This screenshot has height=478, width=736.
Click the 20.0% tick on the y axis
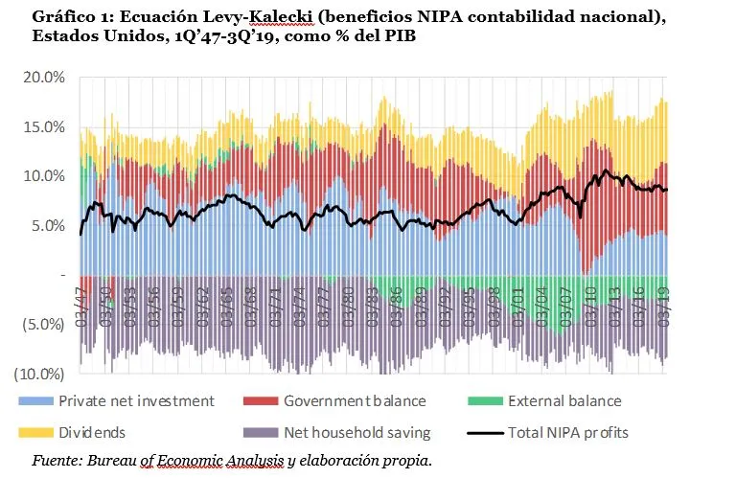coord(44,78)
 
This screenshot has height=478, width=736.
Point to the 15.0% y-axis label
coord(44,127)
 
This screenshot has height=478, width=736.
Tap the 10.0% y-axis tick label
coord(44,176)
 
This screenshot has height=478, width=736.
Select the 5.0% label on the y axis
coord(48,226)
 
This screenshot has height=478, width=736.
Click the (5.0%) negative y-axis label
coord(44,325)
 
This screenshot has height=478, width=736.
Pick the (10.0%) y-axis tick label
coord(42,374)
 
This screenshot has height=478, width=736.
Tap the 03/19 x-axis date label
coord(663,301)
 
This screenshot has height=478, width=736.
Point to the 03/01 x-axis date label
coord(518,301)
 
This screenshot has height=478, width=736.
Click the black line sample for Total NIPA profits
coord(486,433)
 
